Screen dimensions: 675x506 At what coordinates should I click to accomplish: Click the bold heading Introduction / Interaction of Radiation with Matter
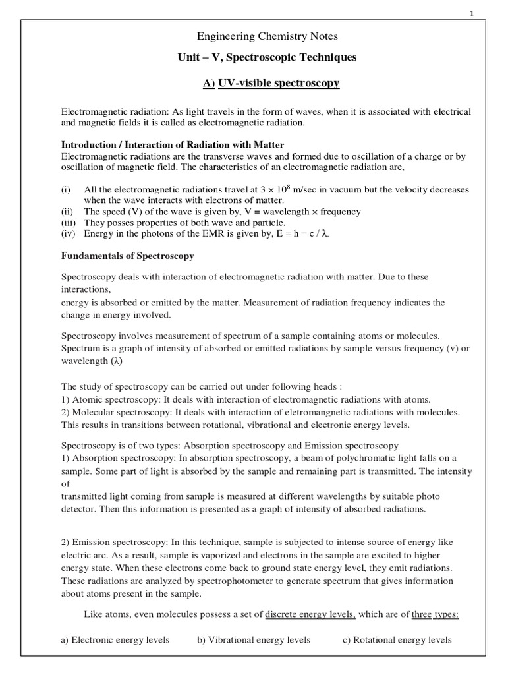173,144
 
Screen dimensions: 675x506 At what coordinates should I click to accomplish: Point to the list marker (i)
66,189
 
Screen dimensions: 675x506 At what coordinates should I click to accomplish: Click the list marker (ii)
67,212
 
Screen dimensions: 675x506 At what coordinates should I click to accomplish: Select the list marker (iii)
69,223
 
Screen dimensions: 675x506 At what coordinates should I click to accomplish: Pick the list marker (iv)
69,234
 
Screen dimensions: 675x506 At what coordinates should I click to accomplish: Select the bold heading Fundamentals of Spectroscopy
127,256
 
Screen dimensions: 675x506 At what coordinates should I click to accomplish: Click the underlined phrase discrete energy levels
310,614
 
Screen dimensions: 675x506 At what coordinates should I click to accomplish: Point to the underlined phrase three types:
435,614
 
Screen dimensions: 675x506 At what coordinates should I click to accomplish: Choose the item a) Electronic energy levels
115,639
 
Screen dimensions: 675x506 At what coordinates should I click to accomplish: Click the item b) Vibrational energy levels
254,639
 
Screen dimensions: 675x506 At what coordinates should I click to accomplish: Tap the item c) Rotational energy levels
397,639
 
